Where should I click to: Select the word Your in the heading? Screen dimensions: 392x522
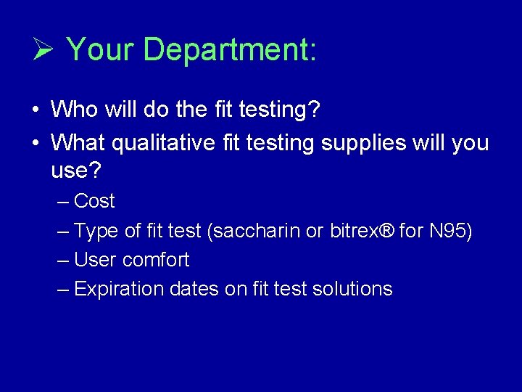(101, 50)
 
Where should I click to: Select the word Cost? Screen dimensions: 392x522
(94, 201)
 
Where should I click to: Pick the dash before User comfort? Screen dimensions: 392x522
(64, 260)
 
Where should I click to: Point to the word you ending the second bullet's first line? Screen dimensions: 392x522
(470, 142)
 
